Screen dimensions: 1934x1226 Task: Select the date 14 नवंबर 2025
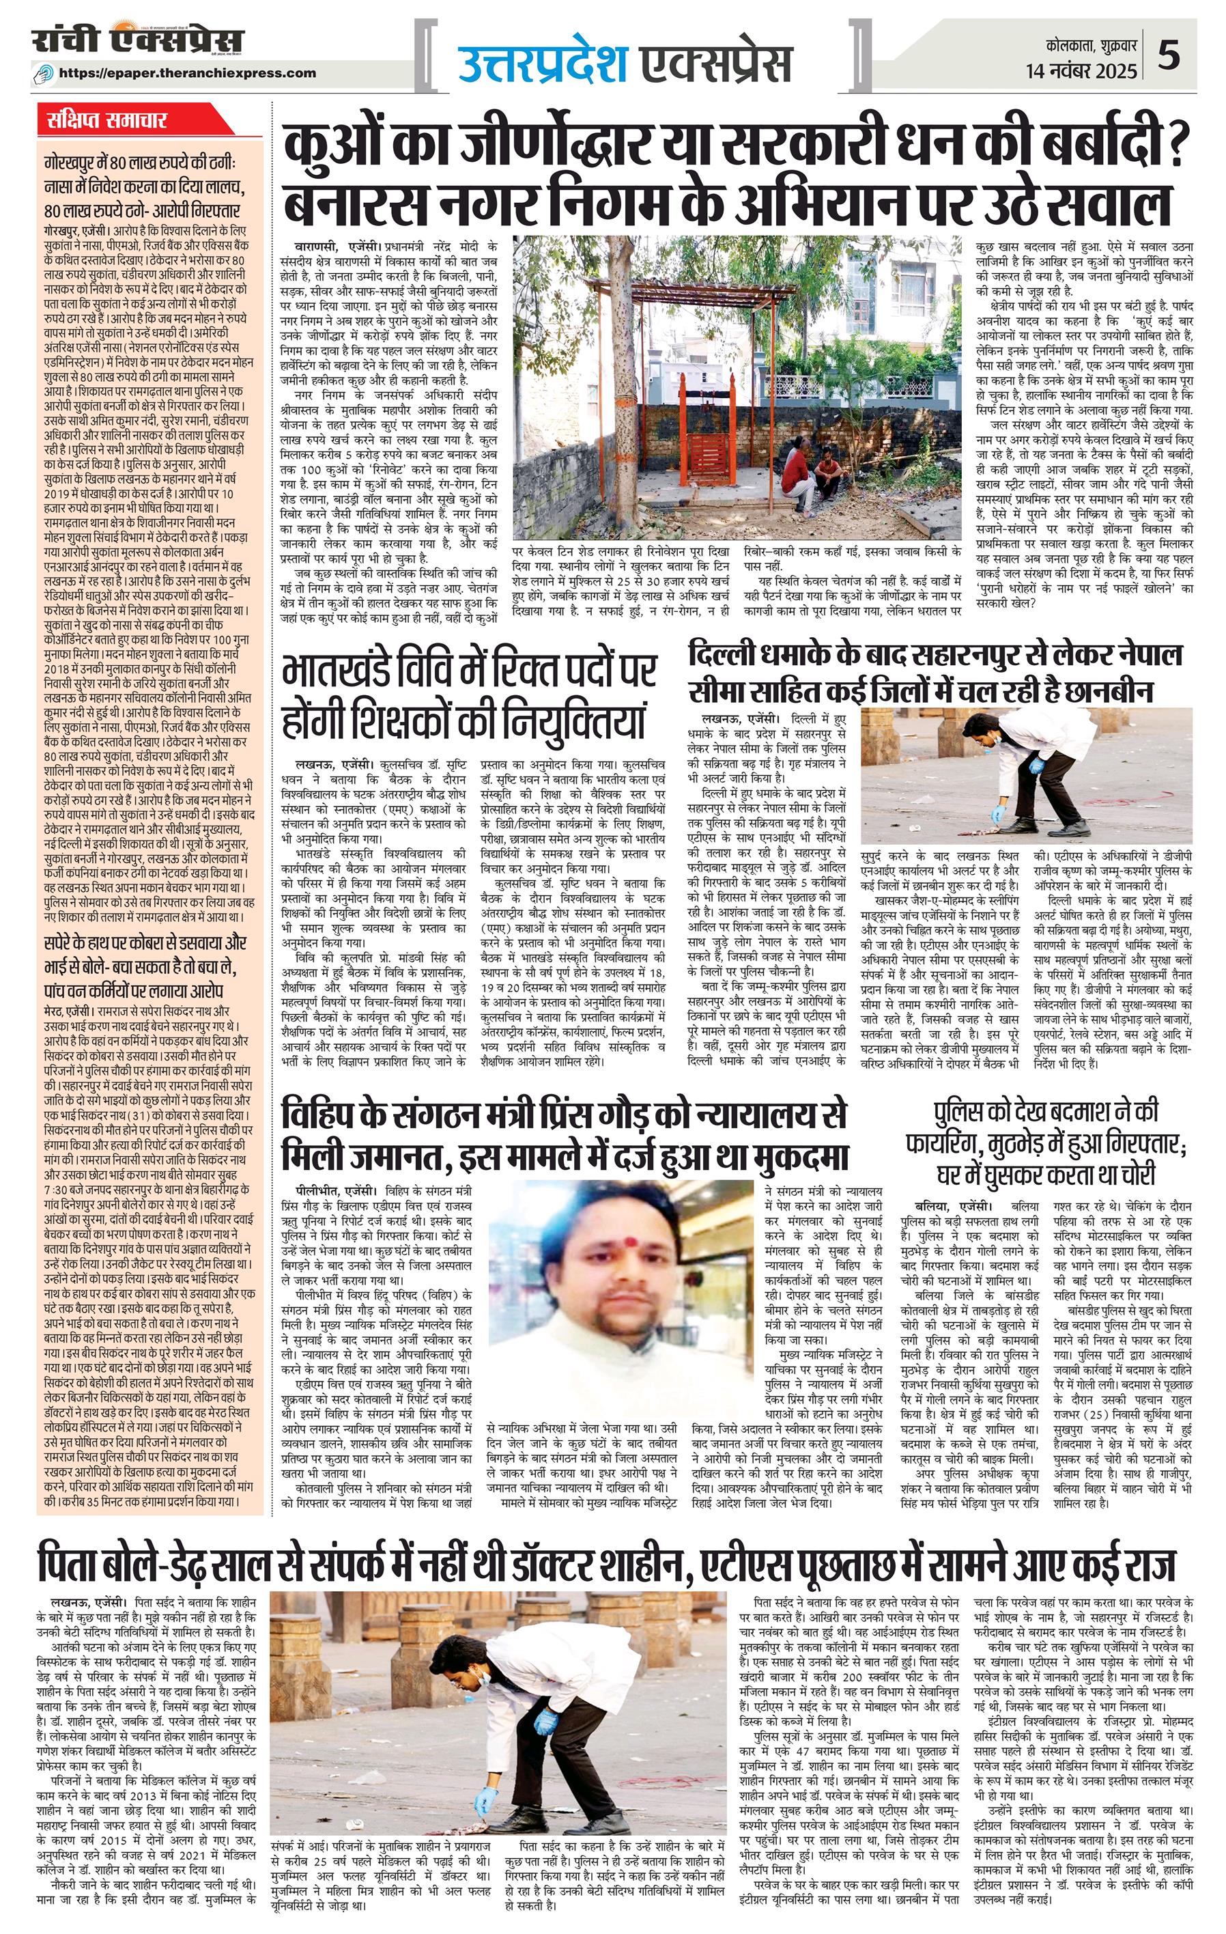tap(1081, 70)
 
